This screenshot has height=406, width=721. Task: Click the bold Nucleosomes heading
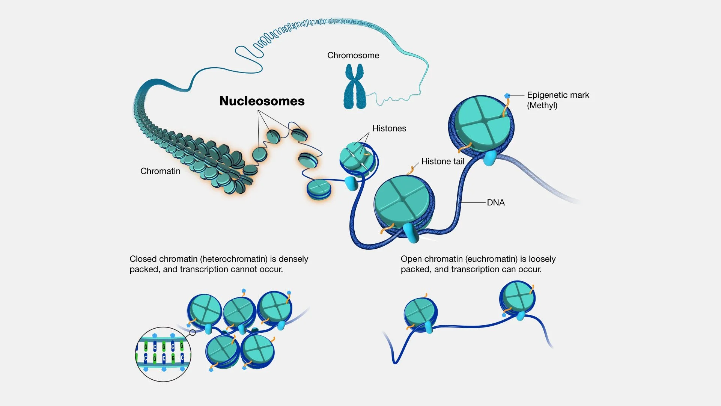pos(262,101)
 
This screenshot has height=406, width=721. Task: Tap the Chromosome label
pos(353,56)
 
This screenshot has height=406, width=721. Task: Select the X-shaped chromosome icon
pos(355,87)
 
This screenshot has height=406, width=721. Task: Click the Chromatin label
pos(160,171)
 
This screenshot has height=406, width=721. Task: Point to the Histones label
pos(389,128)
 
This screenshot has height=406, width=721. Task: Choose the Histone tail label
pos(443,161)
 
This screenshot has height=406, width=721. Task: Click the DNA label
pos(496,203)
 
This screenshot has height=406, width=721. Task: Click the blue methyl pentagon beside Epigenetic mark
pos(507,96)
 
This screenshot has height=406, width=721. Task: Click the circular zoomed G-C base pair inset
pos(163,354)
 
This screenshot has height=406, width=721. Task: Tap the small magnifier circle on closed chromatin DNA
pos(193,332)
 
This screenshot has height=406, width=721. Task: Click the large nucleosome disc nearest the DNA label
pos(403,205)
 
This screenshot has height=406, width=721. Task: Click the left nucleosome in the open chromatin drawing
pos(420,314)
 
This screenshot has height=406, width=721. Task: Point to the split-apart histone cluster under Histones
pos(357,158)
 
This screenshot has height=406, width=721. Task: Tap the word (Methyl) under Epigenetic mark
pos(542,106)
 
